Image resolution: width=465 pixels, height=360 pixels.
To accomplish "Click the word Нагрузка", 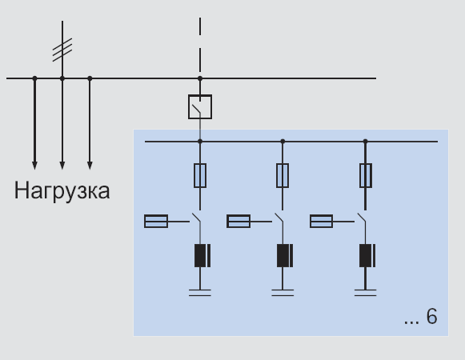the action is click(62, 191).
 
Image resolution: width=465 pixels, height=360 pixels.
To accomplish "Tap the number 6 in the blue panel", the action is click(432, 317).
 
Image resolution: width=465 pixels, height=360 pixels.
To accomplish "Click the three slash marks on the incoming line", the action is click(62, 50).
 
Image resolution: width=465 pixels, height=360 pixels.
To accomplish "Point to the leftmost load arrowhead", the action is click(34, 166).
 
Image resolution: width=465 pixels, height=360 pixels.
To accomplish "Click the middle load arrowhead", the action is click(62, 166).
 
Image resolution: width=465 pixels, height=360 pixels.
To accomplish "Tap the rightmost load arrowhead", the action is click(90, 166).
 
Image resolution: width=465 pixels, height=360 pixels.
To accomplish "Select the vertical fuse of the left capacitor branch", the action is click(200, 175).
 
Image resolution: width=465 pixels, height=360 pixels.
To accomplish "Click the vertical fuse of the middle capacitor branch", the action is click(283, 175).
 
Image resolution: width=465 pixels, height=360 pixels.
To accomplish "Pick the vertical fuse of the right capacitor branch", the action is click(365, 175).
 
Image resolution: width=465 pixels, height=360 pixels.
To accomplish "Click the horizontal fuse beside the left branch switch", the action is click(156, 222).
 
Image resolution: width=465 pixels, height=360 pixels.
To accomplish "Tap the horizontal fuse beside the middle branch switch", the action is click(239, 222).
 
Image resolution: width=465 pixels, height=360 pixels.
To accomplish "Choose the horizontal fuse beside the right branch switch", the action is click(321, 222).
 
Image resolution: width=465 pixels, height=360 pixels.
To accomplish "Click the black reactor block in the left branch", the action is click(202, 256).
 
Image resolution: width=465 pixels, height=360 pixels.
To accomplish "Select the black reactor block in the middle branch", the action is click(285, 256).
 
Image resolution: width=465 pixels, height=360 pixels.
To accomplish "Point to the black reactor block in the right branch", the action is click(367, 256).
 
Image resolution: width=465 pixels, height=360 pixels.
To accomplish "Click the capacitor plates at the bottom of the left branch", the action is click(200, 293).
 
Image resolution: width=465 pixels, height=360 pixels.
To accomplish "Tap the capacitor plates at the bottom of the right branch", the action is click(365, 293).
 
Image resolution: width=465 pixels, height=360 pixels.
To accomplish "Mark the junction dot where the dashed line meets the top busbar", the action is click(200, 78).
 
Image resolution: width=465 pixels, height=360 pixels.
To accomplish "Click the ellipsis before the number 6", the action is click(412, 322).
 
